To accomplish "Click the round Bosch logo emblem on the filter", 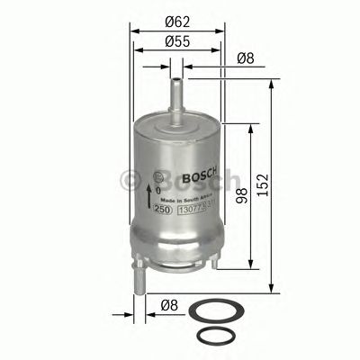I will (160, 175).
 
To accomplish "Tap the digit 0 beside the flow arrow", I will (158, 191).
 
